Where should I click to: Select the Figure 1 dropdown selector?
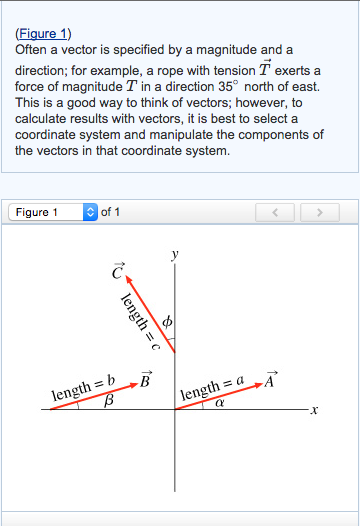[x=53, y=212]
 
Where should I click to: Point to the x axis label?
[x=313, y=411]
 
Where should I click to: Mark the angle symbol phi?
[x=167, y=323]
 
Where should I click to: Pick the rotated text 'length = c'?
[x=134, y=319]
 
